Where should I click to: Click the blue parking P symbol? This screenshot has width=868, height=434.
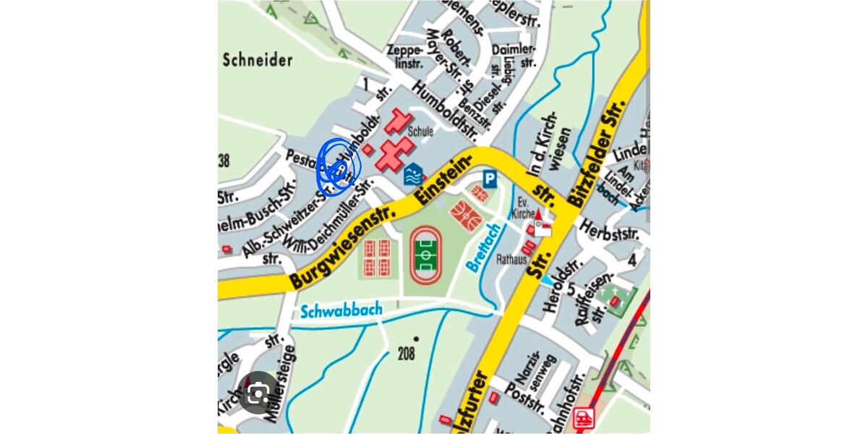pos(490,178)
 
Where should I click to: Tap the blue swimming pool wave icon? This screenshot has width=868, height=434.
pos(412,174)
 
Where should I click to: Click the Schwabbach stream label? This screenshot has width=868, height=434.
pos(341,311)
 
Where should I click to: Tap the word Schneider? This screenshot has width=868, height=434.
pos(258,59)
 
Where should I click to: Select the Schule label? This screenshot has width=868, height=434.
pos(420,132)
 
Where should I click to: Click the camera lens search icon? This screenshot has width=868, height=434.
pos(258,393)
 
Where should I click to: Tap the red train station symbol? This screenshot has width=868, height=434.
pos(584,417)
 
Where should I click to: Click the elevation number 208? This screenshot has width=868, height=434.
pos(407,354)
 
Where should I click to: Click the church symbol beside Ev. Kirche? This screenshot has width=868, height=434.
pos(540,224)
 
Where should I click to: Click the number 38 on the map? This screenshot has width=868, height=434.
pos(224,161)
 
